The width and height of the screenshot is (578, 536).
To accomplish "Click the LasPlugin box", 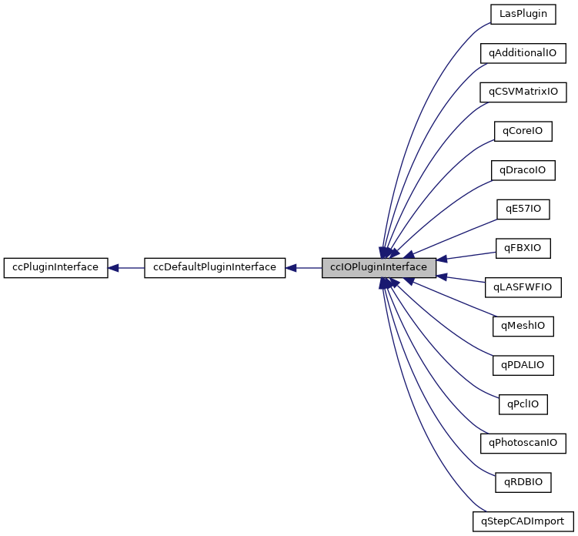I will [523, 15].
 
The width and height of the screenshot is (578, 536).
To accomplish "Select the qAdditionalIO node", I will [523, 53].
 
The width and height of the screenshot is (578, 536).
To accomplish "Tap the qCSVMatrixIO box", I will [523, 92].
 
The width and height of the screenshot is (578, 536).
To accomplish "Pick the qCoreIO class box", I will [523, 131].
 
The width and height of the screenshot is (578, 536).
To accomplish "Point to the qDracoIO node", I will [523, 170].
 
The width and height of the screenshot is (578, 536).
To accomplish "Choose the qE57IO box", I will [523, 209].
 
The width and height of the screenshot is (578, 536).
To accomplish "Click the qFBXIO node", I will [523, 248].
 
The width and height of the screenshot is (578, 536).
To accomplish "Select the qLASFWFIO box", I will [523, 287].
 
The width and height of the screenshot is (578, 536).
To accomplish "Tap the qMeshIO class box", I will [523, 326].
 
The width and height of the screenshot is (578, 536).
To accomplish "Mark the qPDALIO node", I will [523, 365].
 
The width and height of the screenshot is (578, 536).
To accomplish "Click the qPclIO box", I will [523, 404].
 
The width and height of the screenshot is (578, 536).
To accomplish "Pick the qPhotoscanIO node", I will [523, 443].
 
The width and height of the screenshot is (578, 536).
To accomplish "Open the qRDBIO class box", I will [523, 482].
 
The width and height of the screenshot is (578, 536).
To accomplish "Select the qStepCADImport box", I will [523, 521].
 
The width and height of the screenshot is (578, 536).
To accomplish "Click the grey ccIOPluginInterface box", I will [379, 268].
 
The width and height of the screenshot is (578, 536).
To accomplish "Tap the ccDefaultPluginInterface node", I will [215, 268].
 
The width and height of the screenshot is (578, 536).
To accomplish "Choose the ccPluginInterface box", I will [55, 268].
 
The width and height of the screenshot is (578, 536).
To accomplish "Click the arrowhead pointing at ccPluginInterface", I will [113, 268].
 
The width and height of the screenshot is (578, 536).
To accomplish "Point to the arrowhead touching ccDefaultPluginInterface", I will [292, 268].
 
